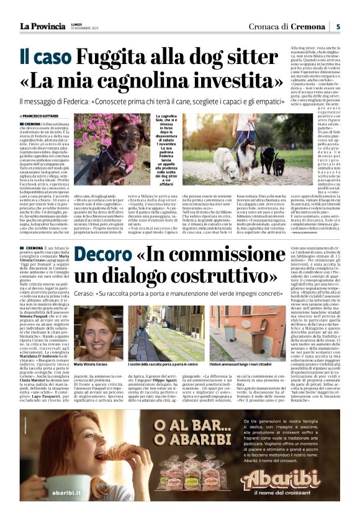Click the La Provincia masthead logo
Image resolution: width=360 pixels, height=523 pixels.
[43, 26]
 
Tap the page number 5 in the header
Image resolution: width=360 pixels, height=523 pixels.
[338, 26]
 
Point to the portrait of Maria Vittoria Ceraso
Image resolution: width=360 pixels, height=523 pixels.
[98, 333]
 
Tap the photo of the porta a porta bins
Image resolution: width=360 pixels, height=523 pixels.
[160, 333]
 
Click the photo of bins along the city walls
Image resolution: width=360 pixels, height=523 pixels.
[243, 333]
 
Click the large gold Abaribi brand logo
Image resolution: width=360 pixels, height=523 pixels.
[289, 478]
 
